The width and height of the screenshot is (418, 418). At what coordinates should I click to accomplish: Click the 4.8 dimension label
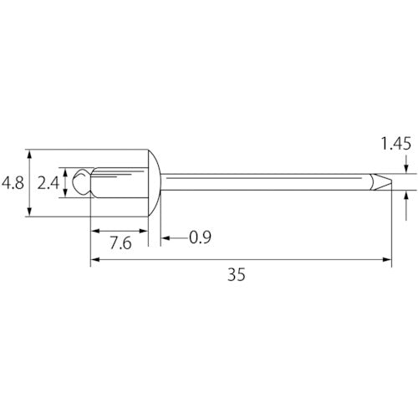[x=13, y=183]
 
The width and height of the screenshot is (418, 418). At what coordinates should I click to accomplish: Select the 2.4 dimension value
[x=48, y=183]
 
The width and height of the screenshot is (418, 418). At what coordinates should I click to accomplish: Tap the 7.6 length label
[x=120, y=243]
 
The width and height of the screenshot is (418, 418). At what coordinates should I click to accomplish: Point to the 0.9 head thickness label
[x=200, y=237]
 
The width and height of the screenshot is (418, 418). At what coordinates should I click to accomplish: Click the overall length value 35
[x=237, y=274]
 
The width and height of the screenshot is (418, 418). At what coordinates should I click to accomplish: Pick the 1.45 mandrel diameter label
[x=395, y=144]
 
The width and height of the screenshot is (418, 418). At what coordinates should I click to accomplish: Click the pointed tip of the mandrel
[x=391, y=181]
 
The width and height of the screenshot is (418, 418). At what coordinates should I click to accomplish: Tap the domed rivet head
[x=154, y=183]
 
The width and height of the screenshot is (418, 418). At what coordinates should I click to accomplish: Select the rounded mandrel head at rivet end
[x=81, y=182]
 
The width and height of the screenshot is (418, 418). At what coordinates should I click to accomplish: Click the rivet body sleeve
[x=120, y=182]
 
